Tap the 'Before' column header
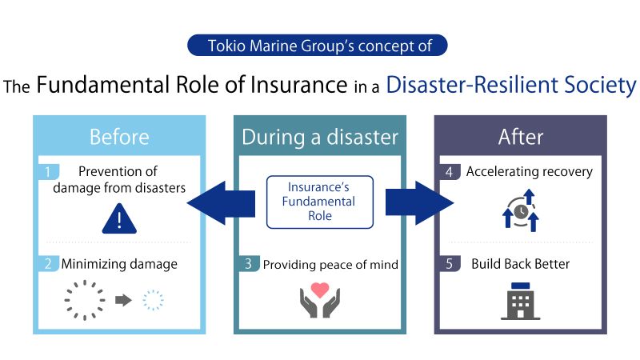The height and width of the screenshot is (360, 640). click(x=119, y=137)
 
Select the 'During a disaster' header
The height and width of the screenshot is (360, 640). click(x=320, y=137)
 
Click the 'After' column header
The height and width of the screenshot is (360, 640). click(x=520, y=137)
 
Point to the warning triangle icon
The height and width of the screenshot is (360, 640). click(x=119, y=218)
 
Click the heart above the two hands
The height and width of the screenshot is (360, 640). click(x=320, y=289)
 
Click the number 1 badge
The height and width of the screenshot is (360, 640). click(x=48, y=171)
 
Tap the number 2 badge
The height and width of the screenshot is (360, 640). click(x=48, y=264)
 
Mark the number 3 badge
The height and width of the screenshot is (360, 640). click(x=249, y=264)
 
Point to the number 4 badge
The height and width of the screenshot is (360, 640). click(x=450, y=171)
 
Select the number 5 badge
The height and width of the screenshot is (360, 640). click(x=450, y=264)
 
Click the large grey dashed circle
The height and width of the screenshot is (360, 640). click(x=85, y=300)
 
